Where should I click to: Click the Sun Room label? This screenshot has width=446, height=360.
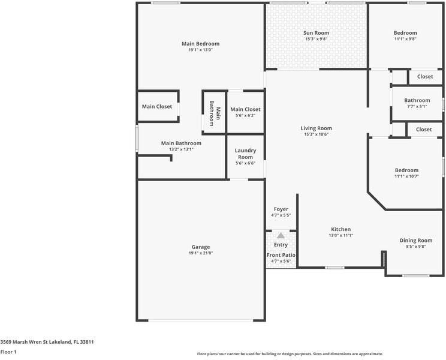pos(316,33)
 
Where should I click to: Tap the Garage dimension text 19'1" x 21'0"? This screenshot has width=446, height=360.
pos(201,253)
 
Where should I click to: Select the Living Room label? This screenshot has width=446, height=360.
pos(316,128)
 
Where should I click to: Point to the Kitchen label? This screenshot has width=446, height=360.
pos(340,229)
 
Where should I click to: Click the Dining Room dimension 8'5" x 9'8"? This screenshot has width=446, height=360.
pos(416,247)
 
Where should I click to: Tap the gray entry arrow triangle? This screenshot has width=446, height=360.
pos(281,236)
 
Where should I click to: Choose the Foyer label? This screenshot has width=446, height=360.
pos(281,209)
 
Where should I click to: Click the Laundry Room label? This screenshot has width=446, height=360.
pos(245,154)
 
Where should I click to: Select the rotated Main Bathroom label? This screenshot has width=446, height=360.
pos(215,113)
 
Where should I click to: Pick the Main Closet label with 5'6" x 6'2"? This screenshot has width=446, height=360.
pos(245,110)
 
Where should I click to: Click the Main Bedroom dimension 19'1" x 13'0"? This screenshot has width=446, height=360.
pos(201,50)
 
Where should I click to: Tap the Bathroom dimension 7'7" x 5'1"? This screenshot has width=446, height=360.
pos(417,106)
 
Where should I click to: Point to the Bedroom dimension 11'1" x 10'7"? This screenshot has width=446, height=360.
pos(406,176)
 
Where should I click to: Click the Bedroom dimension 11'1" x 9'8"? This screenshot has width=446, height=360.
pos(405,39)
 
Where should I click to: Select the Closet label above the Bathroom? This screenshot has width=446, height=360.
pos(425,77)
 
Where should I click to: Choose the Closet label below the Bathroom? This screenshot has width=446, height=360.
pos(424,130)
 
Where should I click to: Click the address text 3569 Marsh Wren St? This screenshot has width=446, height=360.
pos(24,342)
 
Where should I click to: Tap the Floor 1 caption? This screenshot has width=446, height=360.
pos(8,352)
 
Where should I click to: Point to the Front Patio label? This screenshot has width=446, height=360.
pos(281,255)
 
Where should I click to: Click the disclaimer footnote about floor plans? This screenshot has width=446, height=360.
pos(290,354)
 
